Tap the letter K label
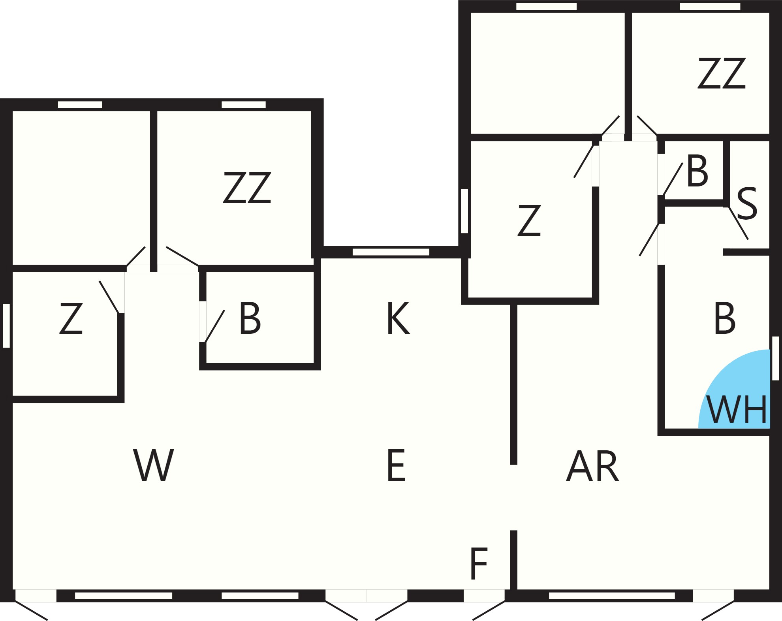398,318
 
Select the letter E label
396,465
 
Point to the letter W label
154,465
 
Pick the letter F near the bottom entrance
479,563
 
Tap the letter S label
747,203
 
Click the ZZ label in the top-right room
722,73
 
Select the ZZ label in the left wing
247,188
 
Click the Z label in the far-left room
71,318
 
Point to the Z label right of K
529,220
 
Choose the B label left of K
250,318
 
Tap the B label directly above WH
725,318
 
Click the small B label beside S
697,171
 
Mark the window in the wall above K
391,252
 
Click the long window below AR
612,596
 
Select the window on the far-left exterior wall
6,326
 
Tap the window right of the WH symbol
775,358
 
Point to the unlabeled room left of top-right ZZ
547,73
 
